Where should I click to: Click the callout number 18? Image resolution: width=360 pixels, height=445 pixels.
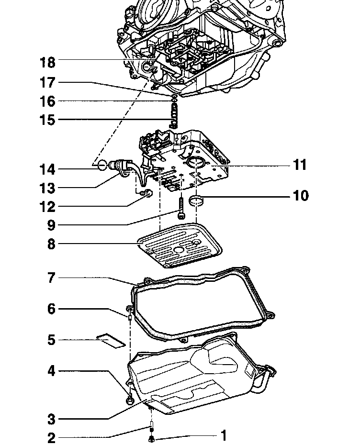[x=47, y=63]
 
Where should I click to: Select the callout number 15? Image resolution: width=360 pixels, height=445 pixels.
[x=47, y=120]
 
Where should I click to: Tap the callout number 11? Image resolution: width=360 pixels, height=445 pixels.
[x=300, y=165]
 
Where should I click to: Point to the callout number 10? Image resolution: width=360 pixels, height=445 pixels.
[x=301, y=196]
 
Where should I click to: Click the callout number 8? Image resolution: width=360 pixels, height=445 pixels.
[x=51, y=244]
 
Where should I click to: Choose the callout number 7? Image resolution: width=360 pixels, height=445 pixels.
[x=51, y=278]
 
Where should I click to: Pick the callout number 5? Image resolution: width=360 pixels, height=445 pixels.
[x=51, y=340]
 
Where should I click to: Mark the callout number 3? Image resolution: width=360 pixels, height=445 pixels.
[x=51, y=420]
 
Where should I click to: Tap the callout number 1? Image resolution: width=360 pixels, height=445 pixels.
[x=223, y=435]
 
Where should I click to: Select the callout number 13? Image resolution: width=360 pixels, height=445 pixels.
[x=47, y=188]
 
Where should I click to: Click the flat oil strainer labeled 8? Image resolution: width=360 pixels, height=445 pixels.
[x=180, y=247]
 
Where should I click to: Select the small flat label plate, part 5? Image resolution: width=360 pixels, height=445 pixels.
[x=111, y=340]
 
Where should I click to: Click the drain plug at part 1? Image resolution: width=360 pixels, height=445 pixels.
[x=151, y=438]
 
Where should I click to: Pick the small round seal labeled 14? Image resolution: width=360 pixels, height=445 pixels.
[x=101, y=166]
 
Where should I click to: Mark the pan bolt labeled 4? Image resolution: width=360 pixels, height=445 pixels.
[x=129, y=398]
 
